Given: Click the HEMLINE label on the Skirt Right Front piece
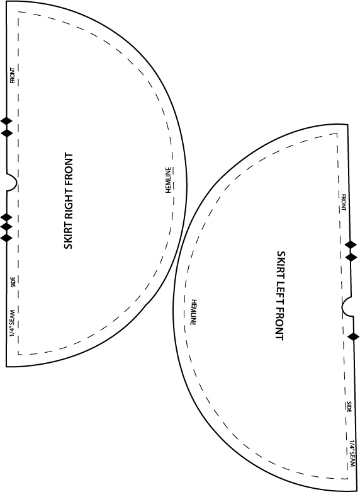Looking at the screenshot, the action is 168,180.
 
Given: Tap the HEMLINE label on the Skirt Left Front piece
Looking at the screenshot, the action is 193,312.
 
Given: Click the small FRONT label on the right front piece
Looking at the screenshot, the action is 13,76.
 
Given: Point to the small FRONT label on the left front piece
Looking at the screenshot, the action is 343,202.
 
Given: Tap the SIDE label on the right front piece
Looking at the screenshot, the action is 13,282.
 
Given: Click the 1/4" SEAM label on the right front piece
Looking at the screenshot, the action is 13,323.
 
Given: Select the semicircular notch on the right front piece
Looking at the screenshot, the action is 11,181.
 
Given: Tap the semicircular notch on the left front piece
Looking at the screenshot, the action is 346,306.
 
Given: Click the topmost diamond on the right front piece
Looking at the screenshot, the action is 6,120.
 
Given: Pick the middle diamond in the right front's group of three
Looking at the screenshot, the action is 6,226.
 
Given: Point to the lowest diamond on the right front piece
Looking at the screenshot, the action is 6,237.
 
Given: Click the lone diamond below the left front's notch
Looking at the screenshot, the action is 354,336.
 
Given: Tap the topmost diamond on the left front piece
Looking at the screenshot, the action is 351,244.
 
